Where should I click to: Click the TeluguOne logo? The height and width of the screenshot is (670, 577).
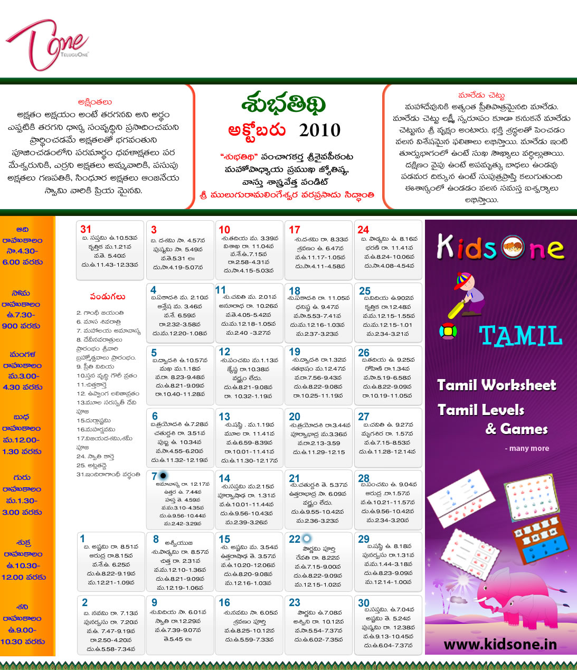coord(46,44)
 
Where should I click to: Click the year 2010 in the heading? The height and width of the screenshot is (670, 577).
coord(319,130)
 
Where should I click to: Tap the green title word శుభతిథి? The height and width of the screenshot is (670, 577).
coord(283,105)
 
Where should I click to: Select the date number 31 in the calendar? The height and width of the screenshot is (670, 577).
coord(86,229)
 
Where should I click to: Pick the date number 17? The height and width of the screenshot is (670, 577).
coord(295,230)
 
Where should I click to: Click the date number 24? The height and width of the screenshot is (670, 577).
coord(363,230)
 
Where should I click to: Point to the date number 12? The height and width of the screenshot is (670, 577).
coord(224,352)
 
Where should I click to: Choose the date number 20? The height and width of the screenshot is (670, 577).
coord(295,417)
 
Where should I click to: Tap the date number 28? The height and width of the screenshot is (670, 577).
coord(364,478)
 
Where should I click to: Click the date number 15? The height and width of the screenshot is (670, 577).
coord(224,539)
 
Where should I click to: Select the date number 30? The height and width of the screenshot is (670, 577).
coord(364,603)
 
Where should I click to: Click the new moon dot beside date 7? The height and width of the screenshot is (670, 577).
coord(163,476)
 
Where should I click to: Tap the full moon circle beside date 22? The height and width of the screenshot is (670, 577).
coord(306,539)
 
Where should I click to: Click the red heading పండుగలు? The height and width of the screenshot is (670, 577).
coord(108,297)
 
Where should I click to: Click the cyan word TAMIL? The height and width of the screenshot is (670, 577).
coord(520,336)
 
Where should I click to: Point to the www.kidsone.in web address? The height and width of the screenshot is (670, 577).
coord(500,644)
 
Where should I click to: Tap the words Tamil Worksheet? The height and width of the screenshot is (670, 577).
coord(496,385)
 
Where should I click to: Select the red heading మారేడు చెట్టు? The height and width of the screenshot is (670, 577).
coord(481,96)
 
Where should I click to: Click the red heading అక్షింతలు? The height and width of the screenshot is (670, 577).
coord(94,102)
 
